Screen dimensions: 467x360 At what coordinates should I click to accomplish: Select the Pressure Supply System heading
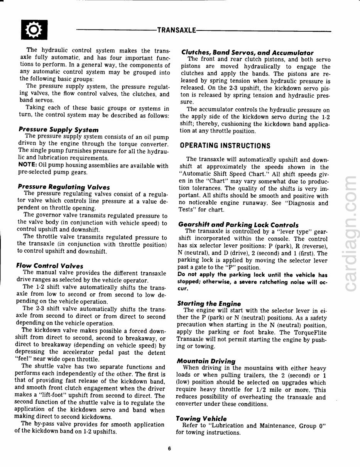[x=58, y=130]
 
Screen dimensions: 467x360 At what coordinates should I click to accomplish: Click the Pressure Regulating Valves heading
[x=64, y=187]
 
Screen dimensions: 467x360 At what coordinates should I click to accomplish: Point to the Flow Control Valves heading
[x=49, y=266]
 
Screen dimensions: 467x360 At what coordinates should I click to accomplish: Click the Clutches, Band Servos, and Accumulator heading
[x=247, y=53]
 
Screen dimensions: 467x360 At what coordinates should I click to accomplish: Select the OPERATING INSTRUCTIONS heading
[x=225, y=146]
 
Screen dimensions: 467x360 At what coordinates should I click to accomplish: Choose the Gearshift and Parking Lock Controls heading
[x=238, y=225]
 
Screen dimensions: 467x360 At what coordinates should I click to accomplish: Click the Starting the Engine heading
[x=209, y=303]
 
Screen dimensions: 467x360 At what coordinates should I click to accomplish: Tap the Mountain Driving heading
[x=205, y=361]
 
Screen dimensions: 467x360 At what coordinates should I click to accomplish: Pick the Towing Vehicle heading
[x=201, y=418]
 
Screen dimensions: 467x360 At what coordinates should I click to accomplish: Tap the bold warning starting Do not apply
[x=253, y=281]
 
